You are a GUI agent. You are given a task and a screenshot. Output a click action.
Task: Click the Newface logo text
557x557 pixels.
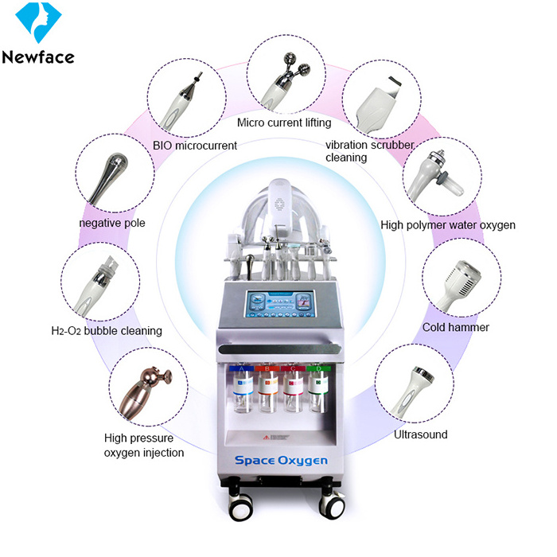(x=37, y=56)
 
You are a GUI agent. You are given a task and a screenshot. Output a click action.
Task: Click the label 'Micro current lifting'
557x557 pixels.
(x=284, y=123)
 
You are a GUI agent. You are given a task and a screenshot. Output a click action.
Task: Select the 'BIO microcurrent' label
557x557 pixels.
(x=195, y=146)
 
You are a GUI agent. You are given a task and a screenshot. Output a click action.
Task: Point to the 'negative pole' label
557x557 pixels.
(x=112, y=223)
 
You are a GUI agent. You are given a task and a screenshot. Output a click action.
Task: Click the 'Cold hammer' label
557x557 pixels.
(x=456, y=327)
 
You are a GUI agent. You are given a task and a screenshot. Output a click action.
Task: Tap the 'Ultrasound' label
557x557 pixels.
(x=421, y=434)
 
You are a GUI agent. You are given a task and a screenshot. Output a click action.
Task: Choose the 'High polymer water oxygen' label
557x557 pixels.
(x=448, y=225)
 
